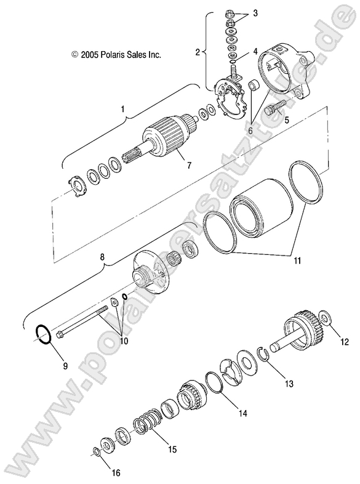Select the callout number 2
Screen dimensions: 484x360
[x=198, y=53]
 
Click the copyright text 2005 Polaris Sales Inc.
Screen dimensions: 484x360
[x=116, y=55]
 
